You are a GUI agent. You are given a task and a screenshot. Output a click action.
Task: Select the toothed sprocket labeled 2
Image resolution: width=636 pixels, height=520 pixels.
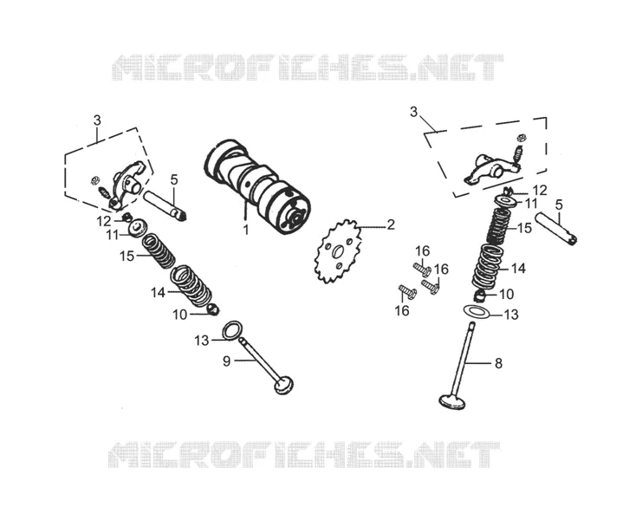click(x=338, y=251)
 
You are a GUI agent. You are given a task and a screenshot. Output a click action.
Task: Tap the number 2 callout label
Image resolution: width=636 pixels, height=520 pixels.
click(x=390, y=224)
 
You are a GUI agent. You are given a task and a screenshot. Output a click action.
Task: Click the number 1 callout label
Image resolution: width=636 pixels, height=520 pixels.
click(x=246, y=230)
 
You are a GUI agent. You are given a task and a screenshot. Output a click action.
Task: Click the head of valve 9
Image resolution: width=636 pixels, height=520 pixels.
click(x=283, y=385)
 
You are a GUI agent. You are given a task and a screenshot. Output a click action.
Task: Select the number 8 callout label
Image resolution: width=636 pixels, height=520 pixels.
click(x=498, y=363)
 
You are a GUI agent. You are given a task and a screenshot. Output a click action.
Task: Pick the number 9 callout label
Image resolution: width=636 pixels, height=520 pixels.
click(x=227, y=361)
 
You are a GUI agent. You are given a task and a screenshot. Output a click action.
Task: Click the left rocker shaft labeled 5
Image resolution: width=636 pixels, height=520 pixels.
click(x=165, y=205)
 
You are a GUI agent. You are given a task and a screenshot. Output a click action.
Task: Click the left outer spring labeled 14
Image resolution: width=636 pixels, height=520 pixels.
click(x=191, y=285)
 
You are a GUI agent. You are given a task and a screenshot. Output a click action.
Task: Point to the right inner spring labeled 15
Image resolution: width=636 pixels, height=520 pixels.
click(x=498, y=226)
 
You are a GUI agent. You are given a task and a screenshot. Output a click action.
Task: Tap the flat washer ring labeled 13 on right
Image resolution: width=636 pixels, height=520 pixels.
click(x=477, y=312)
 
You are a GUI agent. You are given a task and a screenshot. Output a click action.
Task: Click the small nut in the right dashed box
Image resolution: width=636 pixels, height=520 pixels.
click(x=522, y=137)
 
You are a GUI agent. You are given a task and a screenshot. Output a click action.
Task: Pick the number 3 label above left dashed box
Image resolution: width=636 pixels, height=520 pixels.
click(x=97, y=120)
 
